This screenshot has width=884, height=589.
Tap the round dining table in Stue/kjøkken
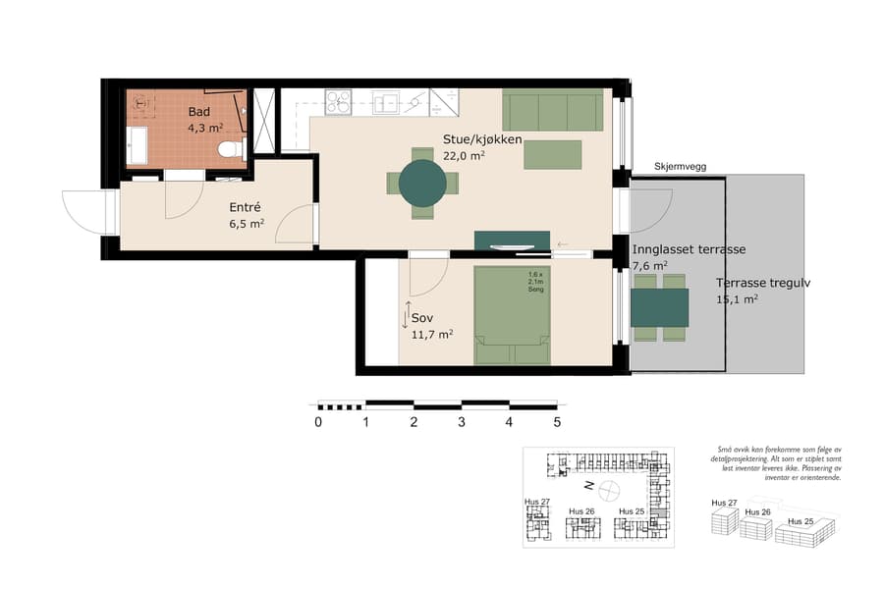coord(422,182)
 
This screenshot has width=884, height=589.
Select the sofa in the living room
coord(553,110)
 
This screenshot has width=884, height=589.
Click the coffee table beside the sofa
coord(552,155)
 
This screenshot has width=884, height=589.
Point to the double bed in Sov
coord(513,316)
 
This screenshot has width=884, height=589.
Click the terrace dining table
coord(659,307)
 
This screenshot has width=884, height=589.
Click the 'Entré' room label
coord(246,208)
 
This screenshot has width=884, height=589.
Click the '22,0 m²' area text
coord(464,156)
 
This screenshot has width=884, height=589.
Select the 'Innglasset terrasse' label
coord(689,249)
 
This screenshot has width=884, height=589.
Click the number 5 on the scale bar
coord(557,423)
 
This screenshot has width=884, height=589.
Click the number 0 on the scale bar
coord(318,423)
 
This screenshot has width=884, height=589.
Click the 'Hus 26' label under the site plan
coord(581,511)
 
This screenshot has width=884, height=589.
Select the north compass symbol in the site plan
coord(608,488)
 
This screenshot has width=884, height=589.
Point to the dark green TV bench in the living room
coord(511,241)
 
